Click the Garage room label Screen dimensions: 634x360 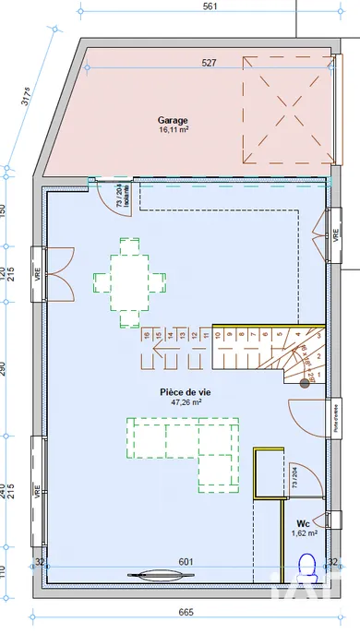172,121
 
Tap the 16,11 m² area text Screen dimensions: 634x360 173,131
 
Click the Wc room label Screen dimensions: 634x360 303,522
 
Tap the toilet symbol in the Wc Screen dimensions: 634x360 307,564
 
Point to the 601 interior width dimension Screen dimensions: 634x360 186,561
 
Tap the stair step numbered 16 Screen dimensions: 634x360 146,334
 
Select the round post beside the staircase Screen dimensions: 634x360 306,381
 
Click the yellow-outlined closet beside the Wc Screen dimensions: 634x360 267,473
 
